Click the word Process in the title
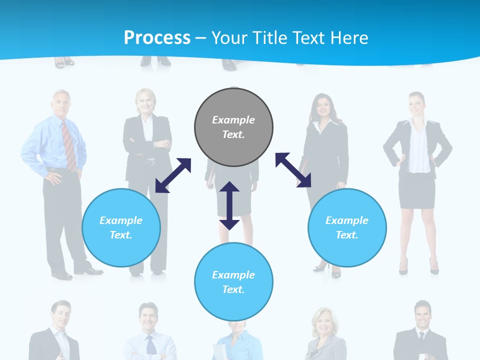(157, 38)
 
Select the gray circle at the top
(233, 127)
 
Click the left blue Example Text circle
(121, 227)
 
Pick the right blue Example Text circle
(347, 227)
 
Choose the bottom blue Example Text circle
(233, 282)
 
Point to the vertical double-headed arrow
(229, 205)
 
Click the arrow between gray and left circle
(173, 175)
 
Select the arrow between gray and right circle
(293, 170)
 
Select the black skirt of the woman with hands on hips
(416, 190)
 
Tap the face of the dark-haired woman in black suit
(320, 106)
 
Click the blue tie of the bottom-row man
(150, 345)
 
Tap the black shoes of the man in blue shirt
(75, 273)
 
